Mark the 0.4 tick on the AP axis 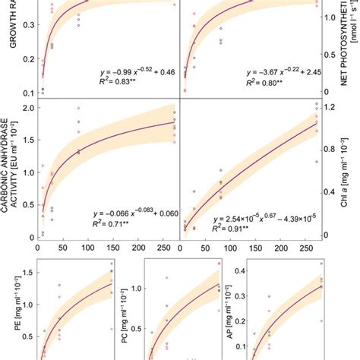pos(238,271)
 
